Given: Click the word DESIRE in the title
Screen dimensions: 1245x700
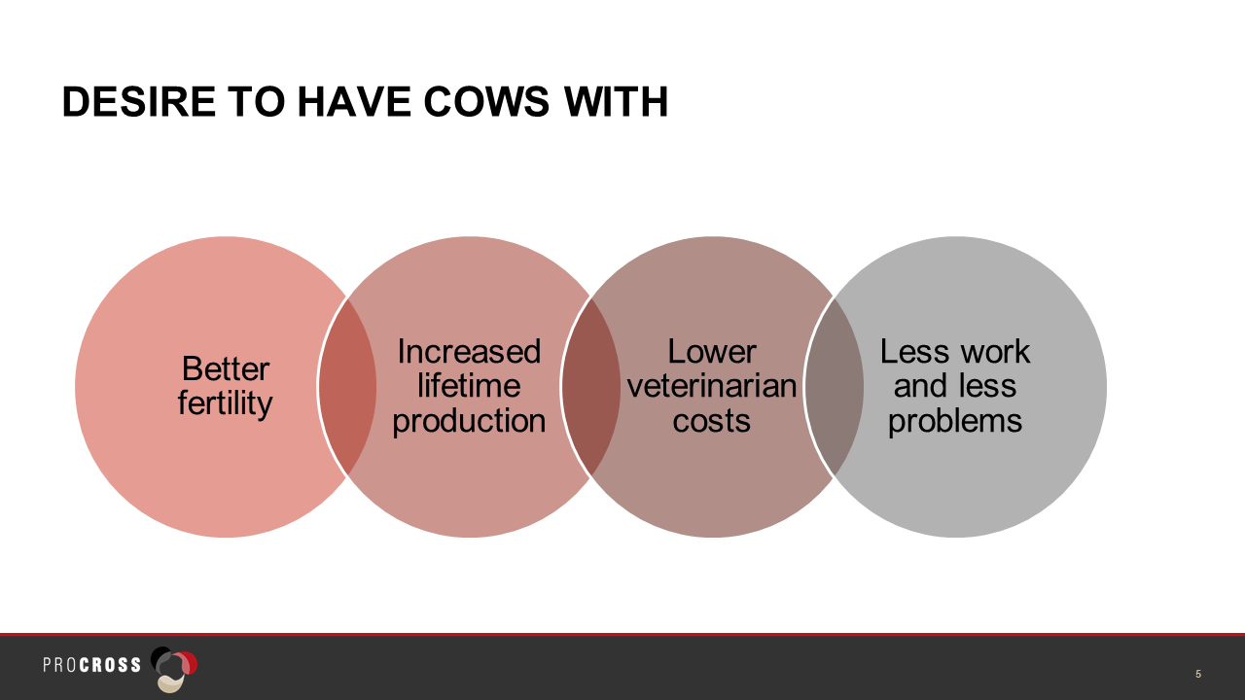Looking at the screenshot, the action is (139, 102).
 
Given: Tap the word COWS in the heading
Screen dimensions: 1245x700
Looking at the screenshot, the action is (486, 102).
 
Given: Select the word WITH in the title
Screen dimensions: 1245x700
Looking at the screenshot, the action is (616, 102).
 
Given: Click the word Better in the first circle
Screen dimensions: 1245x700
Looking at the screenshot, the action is (226, 368).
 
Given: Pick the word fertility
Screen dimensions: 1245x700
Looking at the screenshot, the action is (225, 403).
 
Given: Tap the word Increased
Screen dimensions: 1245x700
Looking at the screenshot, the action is (469, 352).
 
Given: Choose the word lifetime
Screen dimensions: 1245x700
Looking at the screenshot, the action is (469, 386).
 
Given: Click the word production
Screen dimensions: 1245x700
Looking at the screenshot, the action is (469, 421).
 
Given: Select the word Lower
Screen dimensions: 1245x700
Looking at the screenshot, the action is (711, 352).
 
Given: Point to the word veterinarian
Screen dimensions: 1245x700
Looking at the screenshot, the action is (711, 386).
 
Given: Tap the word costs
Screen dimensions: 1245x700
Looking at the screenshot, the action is (711, 421).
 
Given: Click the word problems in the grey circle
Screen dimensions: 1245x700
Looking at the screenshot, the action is (955, 421).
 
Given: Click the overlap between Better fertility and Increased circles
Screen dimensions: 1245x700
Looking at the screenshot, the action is (347, 387).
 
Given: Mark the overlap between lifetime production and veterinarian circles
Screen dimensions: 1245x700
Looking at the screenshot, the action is (590, 387).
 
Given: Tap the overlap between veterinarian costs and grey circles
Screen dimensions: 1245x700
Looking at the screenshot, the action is (834, 387).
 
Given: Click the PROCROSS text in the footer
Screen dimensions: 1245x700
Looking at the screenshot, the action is (92, 665).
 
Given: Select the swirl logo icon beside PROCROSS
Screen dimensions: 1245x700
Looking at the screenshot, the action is (174, 669).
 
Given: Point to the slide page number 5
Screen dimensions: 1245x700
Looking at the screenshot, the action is (1198, 674).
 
